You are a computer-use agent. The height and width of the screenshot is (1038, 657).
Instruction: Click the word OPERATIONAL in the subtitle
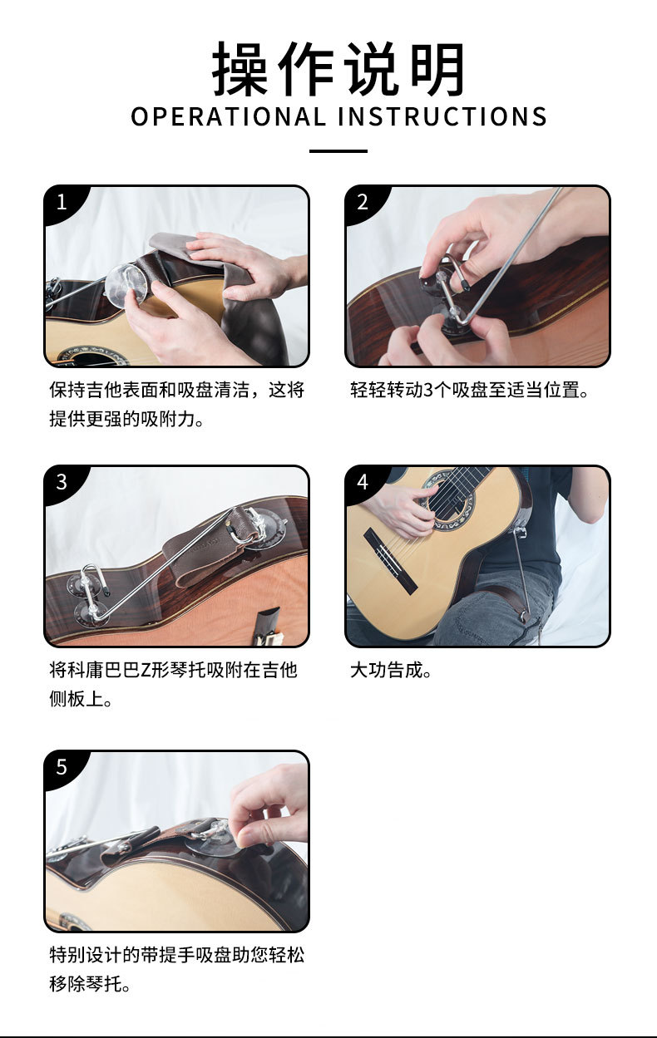point(229,117)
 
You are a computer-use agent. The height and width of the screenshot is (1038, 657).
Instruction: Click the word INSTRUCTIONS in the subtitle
point(442,117)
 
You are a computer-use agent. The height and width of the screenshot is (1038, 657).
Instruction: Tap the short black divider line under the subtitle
point(338,151)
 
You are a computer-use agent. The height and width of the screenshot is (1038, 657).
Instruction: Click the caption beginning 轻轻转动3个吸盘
point(470,390)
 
